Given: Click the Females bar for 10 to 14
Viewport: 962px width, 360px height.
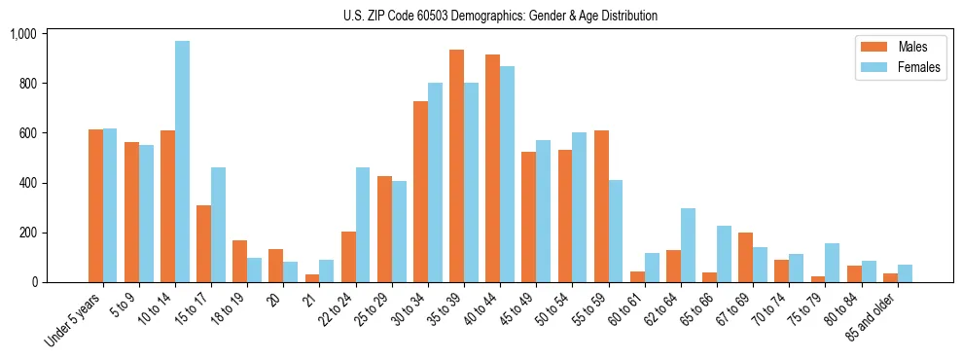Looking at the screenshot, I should coord(183,162).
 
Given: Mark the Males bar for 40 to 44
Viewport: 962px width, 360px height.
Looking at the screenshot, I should coord(492,168).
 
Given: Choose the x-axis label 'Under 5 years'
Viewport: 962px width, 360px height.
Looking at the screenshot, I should coord(75,319).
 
